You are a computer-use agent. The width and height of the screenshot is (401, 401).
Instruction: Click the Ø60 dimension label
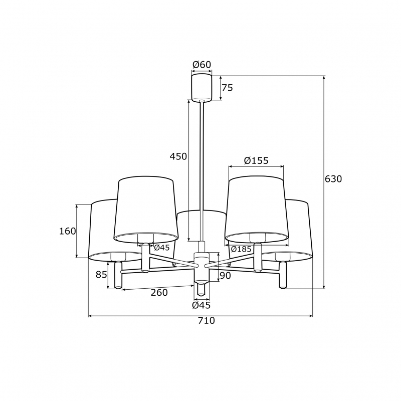pyautogui.click(x=202, y=65)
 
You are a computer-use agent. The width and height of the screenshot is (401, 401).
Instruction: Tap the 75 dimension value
pyautogui.click(x=228, y=88)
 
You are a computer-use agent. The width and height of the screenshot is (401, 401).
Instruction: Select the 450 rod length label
pyautogui.click(x=178, y=156)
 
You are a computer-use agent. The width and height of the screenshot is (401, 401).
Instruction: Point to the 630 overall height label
pyautogui.click(x=333, y=179)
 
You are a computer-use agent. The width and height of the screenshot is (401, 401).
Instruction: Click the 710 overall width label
pyautogui.click(x=207, y=320)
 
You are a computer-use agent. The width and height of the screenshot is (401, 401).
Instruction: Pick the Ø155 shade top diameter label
pyautogui.click(x=256, y=160)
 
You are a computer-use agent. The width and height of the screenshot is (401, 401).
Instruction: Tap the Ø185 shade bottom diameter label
pyautogui.click(x=241, y=249)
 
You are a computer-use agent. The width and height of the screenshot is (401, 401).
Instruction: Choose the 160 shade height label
pyautogui.click(x=68, y=231)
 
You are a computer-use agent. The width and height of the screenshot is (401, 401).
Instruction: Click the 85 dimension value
pyautogui.click(x=101, y=275)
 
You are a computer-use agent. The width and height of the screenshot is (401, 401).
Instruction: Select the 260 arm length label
pyautogui.click(x=159, y=292)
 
